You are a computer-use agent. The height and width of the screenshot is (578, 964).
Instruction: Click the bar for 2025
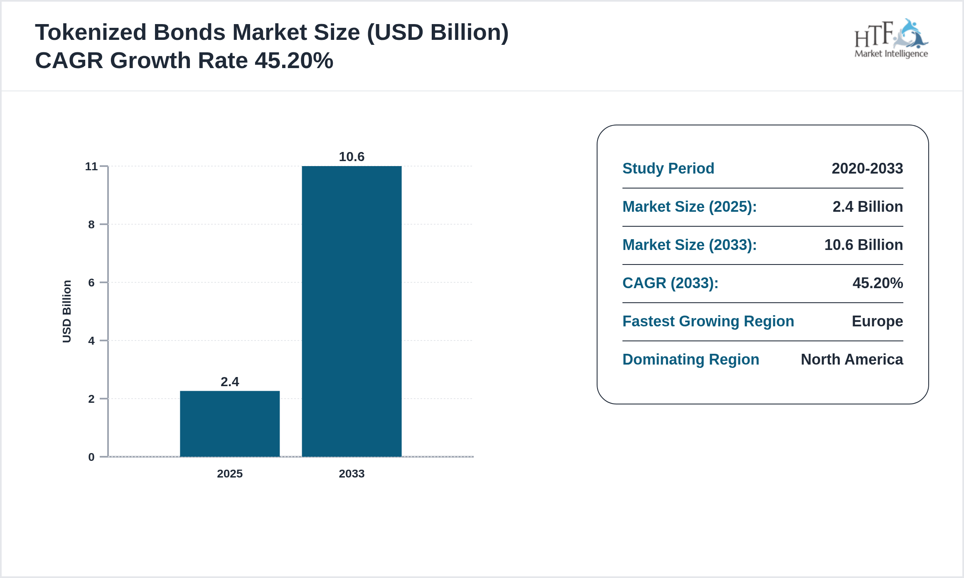230,424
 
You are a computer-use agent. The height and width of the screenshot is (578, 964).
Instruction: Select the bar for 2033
352,311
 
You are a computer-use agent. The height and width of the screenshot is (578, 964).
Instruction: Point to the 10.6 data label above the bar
352,157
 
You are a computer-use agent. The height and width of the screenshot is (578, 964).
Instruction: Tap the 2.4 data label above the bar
230,382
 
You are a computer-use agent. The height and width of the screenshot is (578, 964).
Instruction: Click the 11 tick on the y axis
91,167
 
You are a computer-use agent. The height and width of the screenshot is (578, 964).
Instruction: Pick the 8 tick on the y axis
91,225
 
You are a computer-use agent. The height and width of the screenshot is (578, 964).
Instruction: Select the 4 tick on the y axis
91,341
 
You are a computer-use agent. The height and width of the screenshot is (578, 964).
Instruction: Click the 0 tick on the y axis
91,457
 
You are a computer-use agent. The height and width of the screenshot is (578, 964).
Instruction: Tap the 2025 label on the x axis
230,473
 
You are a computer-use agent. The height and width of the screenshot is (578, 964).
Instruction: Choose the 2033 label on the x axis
352,473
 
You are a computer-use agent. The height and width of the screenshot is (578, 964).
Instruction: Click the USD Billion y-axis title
67,311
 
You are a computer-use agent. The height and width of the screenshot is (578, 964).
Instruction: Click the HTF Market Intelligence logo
891,39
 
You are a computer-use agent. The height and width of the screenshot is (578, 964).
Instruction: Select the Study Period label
668,169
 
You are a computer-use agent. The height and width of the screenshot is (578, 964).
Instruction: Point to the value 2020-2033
867,169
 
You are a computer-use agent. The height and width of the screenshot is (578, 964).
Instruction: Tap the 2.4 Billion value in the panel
868,207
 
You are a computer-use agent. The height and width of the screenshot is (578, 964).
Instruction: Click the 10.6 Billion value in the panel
863,245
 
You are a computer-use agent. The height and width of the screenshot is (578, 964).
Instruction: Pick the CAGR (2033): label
670,283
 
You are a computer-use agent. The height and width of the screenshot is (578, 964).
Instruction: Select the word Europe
877,321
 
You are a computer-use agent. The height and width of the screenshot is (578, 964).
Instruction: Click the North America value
852,360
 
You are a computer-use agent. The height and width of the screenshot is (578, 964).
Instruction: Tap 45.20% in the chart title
294,61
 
